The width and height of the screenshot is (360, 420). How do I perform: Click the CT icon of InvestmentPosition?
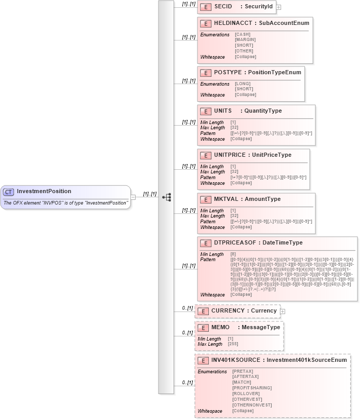8,192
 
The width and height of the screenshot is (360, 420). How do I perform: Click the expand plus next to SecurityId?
278,7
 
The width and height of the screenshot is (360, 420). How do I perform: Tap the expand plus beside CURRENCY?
283,311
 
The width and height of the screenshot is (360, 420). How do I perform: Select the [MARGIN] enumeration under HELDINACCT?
245,39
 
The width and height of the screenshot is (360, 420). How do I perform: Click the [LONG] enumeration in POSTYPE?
243,84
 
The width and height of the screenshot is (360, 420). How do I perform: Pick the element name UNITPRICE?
228,155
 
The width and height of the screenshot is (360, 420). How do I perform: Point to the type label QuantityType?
263,111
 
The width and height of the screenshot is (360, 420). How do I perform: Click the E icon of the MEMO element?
203,328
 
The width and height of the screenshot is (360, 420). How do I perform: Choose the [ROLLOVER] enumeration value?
246,394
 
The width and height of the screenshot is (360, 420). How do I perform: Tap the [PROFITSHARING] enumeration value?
252,388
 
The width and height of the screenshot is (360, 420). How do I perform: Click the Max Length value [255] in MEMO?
233,344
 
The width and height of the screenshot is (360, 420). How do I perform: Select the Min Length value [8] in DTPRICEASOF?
233,254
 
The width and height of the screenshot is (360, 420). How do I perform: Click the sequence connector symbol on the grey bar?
167,197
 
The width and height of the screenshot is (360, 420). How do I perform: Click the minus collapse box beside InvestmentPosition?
133,197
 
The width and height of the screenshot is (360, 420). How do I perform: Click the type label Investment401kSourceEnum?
306,360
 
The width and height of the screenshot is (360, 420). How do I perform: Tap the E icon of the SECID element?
206,7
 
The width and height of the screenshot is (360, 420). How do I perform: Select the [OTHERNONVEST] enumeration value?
251,405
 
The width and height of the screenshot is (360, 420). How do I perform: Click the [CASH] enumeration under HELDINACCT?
242,34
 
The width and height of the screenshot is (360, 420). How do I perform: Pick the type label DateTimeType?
283,242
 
